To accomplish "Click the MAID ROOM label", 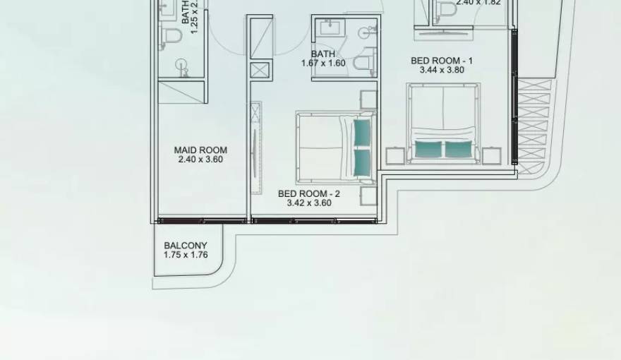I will click(x=200, y=150).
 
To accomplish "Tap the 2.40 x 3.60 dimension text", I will click(x=200, y=160).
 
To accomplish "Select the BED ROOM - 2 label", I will click(x=309, y=193).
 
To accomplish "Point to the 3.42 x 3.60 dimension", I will click(x=309, y=203).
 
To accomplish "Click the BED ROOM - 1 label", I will click(x=442, y=61).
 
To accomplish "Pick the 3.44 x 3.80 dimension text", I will click(x=442, y=70).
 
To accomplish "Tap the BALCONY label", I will click(x=186, y=246).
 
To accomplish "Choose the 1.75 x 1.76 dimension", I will click(x=186, y=255).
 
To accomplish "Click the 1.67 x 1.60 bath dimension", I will click(x=323, y=63).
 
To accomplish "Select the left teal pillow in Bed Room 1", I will click(x=428, y=149).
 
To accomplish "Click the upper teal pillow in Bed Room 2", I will click(x=362, y=131).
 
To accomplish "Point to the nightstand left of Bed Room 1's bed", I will click(x=396, y=155).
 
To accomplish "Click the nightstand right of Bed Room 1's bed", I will click(x=491, y=155).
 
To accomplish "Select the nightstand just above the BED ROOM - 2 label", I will click(x=368, y=196).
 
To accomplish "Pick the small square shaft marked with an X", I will click(x=260, y=70).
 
